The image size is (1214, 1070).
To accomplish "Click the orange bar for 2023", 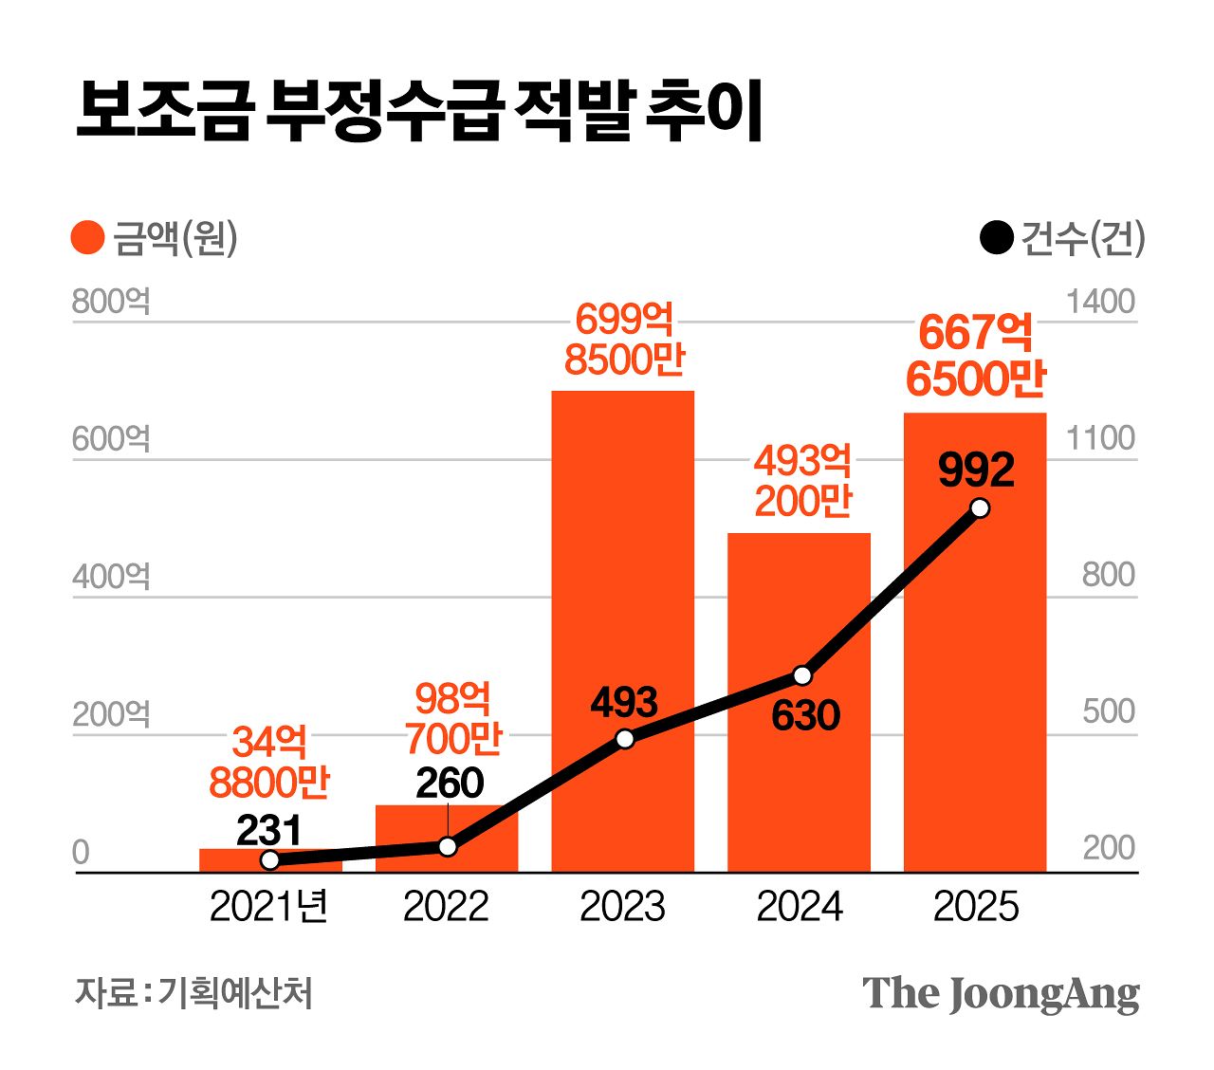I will point(622,569).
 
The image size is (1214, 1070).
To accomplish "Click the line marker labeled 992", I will point(980,508).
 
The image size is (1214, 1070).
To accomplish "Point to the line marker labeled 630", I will point(802,675).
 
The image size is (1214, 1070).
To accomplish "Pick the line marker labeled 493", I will point(624,739).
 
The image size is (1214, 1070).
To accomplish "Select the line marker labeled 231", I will point(269,860).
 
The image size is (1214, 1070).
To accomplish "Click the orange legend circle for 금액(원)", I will point(87,238).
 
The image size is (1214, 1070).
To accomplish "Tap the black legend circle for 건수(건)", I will point(997,238).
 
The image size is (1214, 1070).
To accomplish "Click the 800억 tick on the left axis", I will point(111,302).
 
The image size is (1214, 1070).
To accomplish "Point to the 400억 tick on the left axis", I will point(111,576).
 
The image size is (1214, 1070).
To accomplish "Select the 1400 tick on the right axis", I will point(1100,302).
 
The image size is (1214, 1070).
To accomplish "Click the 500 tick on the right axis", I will point(1108,711).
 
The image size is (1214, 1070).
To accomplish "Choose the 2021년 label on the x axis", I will point(268,907).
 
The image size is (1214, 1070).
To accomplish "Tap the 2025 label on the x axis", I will point(975,907).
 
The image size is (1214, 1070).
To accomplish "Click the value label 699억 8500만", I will point(624,340).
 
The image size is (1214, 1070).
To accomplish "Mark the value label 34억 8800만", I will point(269,762).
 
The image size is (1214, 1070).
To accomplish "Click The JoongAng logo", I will point(1001,993).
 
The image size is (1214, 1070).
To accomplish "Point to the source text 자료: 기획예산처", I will point(193,993).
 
